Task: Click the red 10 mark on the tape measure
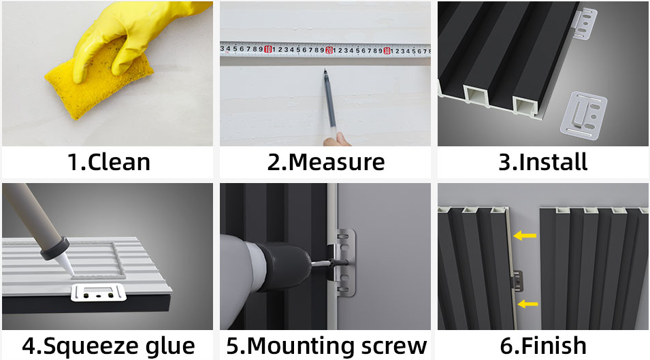point(267,50)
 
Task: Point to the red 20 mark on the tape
point(329,50)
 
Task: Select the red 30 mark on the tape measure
point(387,51)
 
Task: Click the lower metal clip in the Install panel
point(583,114)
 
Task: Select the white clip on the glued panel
point(99,293)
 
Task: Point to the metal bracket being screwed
point(344,263)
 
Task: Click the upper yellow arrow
point(525,235)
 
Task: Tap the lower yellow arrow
point(527,304)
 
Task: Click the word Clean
point(119,162)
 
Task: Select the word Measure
point(337,162)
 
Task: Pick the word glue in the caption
point(170,346)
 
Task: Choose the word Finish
point(553,346)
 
